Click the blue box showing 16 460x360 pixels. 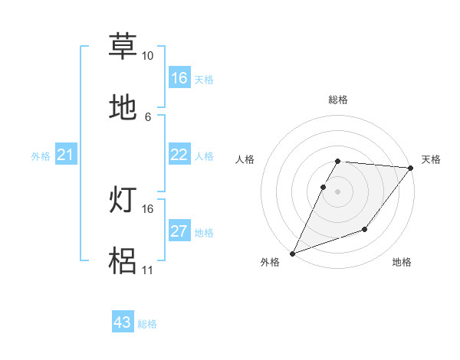179,78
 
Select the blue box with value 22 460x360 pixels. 179,155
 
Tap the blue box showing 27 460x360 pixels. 179,231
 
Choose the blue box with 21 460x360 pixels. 66,155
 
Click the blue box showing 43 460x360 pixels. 123,322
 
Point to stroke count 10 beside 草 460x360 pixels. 147,56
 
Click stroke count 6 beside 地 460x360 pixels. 148,116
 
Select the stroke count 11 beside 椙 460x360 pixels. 147,270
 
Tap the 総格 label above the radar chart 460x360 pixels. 338,100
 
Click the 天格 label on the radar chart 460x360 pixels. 431,159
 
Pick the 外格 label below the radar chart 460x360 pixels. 270,263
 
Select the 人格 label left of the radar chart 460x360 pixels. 245,159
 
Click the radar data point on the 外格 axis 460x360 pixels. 293,253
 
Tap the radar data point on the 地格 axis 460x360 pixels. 365,229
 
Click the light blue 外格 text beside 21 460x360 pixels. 41,156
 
